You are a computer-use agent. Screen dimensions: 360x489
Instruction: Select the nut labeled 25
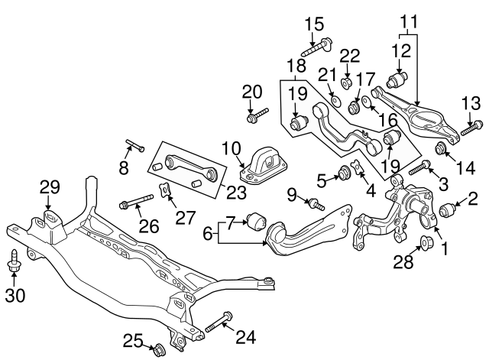coord(160,351)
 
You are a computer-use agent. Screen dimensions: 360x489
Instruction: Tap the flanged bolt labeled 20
coord(255,117)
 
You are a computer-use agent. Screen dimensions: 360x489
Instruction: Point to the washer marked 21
coord(337,100)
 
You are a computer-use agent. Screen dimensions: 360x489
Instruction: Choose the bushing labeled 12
coord(398,79)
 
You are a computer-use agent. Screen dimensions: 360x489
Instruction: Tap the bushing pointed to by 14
coord(441,148)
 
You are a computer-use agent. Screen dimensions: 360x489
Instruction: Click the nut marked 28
coord(427,245)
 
